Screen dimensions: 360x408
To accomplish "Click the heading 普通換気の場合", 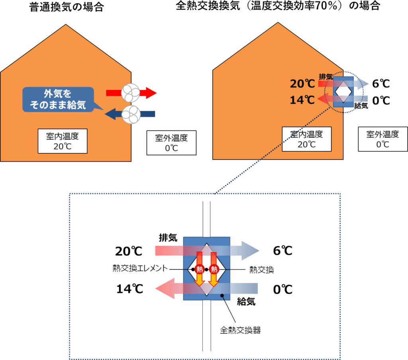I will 66,7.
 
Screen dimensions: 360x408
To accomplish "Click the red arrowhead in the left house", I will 150,93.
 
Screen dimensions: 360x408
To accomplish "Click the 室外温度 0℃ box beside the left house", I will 171,143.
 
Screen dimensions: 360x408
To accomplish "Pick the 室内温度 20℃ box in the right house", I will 306,139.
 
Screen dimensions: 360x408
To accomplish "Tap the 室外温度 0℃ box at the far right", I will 382,139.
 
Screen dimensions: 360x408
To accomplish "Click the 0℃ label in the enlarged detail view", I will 282,289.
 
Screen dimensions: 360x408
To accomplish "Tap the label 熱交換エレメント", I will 140,269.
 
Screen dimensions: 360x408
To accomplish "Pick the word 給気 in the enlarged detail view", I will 246,302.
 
